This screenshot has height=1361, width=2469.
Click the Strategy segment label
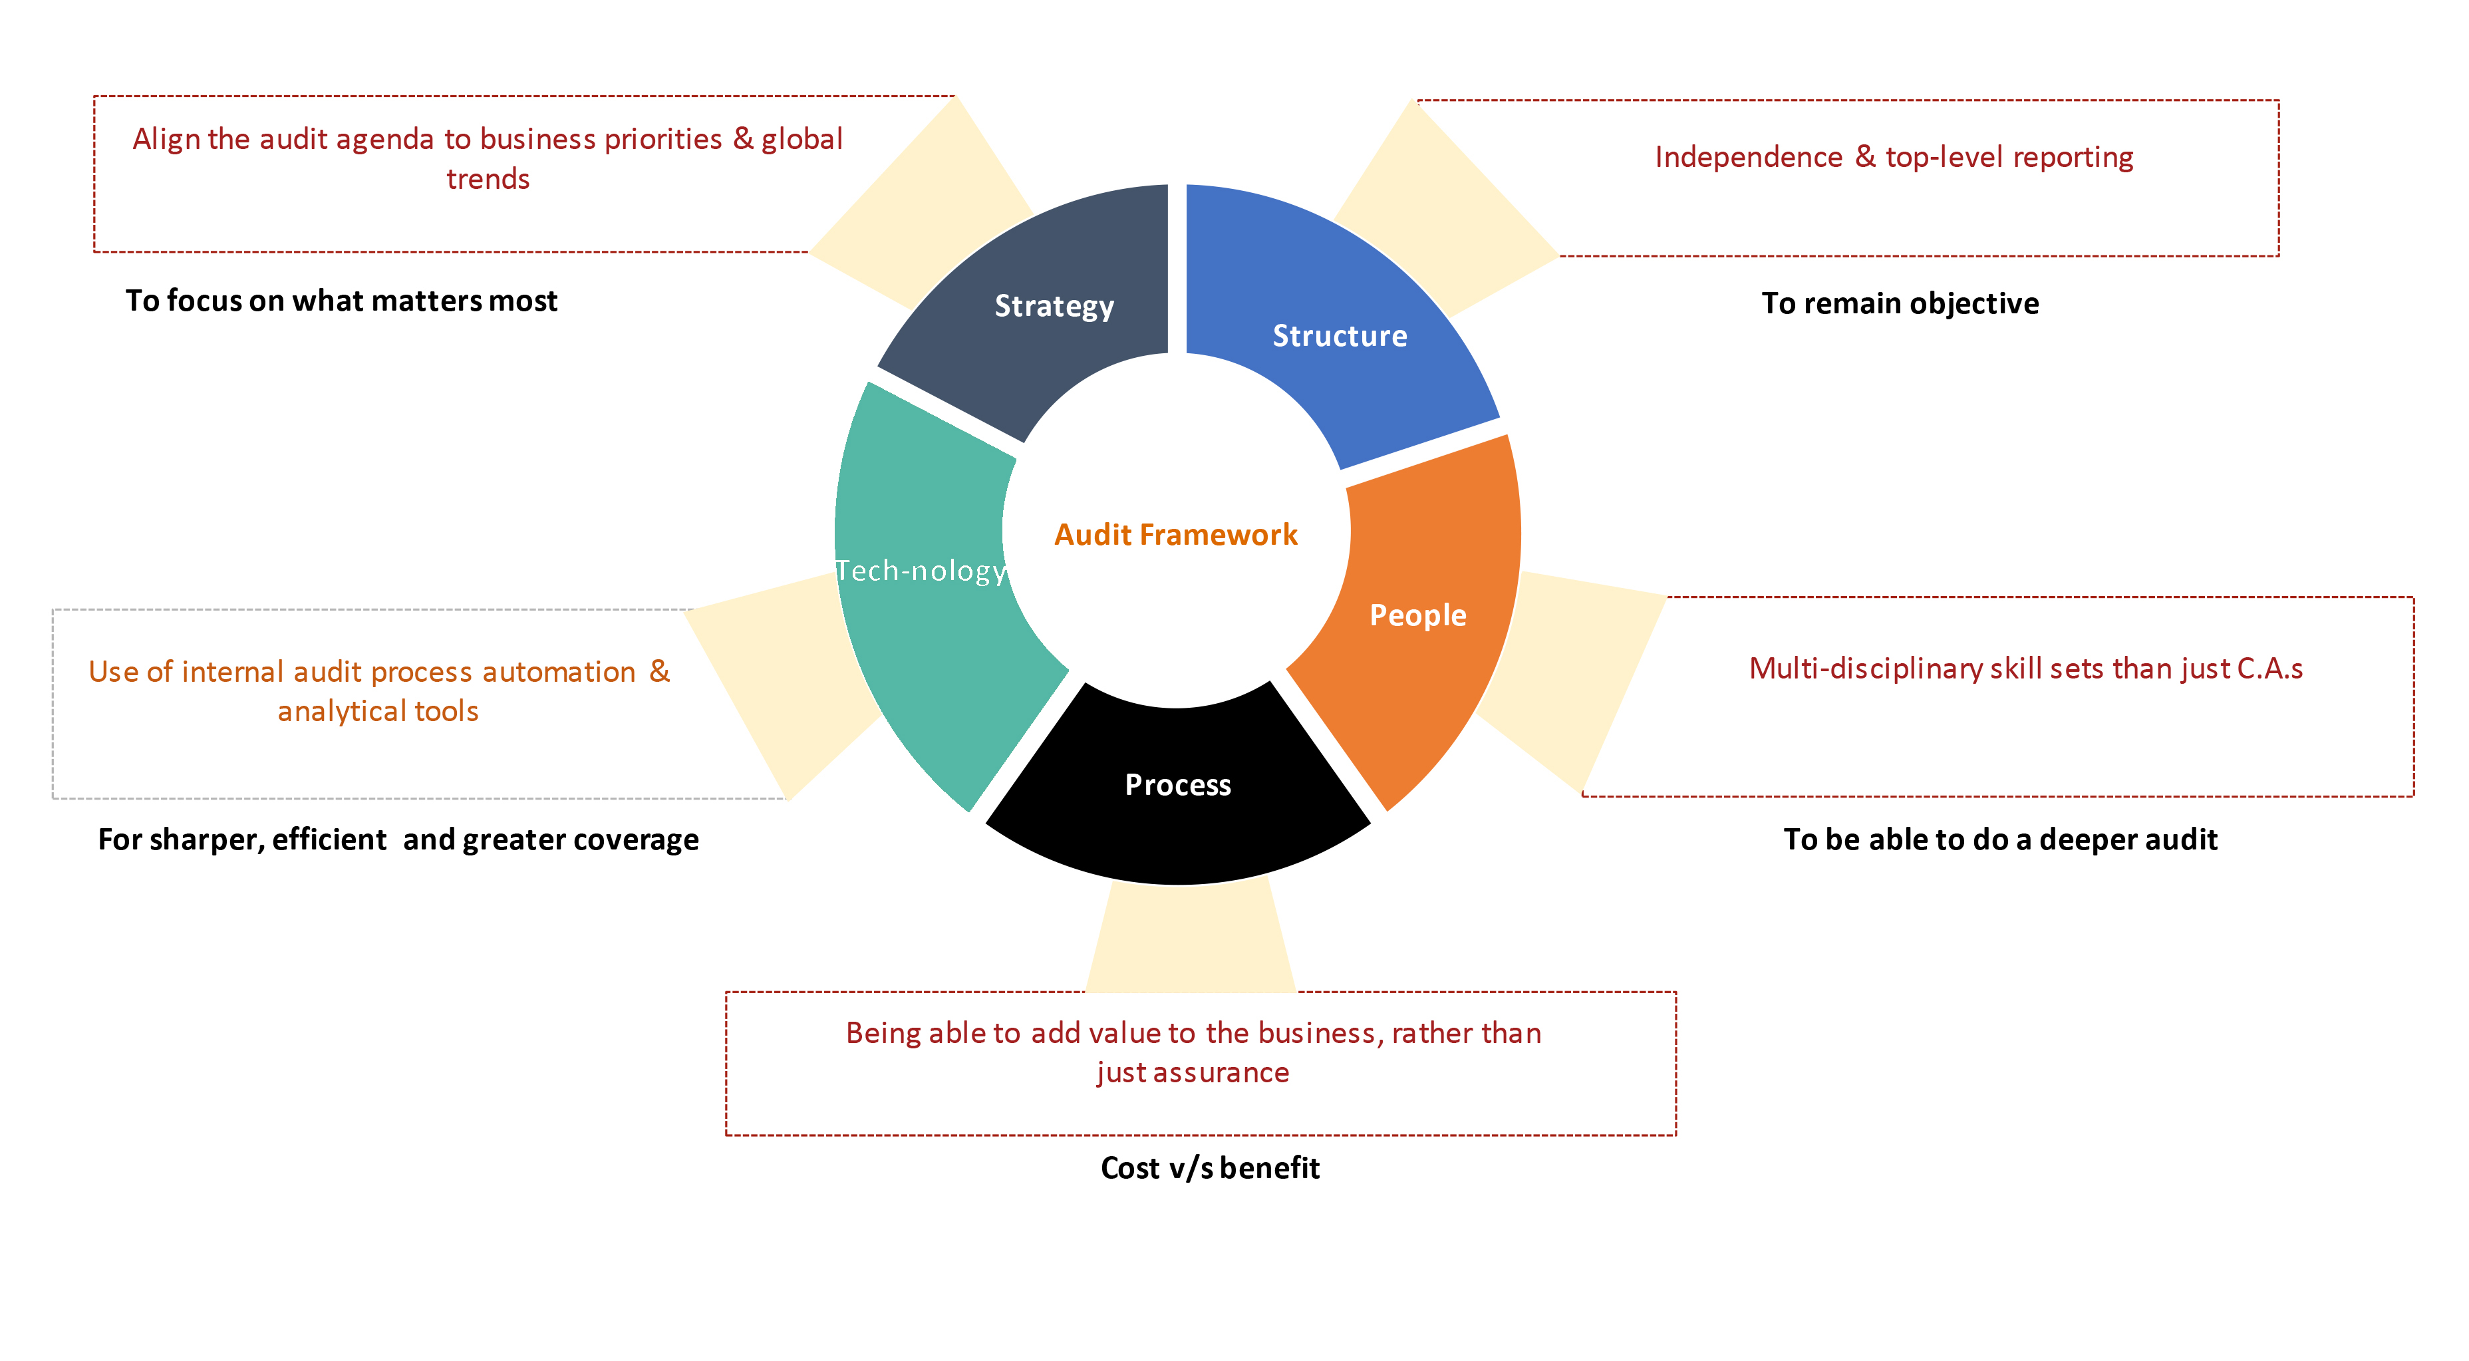coord(1054,306)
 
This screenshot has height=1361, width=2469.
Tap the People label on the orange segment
coord(1417,615)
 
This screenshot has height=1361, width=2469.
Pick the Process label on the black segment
coord(1177,785)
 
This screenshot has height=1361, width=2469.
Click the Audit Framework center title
coord(1175,534)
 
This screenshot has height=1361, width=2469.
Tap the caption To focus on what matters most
coord(341,301)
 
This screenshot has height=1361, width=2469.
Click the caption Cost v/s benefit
coord(1210,1167)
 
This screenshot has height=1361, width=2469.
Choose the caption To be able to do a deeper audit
coord(1999,839)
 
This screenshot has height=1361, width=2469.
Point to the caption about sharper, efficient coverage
coord(398,839)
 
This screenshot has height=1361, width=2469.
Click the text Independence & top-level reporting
coord(1893,156)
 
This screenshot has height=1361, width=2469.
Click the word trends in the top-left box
coord(488,179)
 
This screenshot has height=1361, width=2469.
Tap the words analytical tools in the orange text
coord(378,711)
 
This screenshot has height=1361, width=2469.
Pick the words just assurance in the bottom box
coord(1193,1072)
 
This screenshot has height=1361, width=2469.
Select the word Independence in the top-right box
coord(1748,156)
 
